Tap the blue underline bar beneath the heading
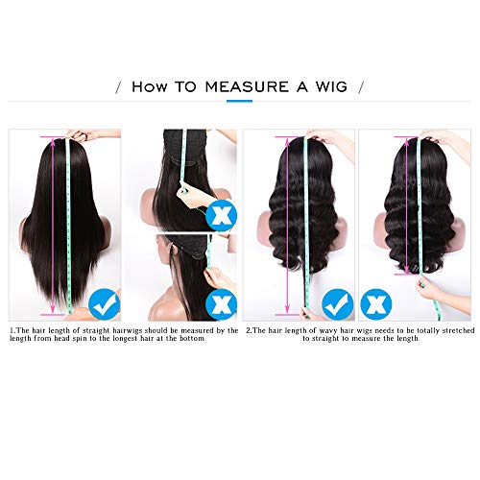pyautogui.click(x=239, y=101)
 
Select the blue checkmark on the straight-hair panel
pyautogui.click(x=104, y=303)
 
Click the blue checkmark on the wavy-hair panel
pyautogui.click(x=338, y=304)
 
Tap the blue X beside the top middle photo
pyautogui.click(x=221, y=215)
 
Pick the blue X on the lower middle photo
pyautogui.click(x=221, y=304)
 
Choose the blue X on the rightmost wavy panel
pyautogui.click(x=376, y=304)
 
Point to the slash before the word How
pyautogui.click(x=119, y=87)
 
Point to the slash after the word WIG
pyautogui.click(x=361, y=87)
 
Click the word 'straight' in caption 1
pyautogui.click(x=96, y=331)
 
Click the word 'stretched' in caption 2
pyautogui.click(x=458, y=331)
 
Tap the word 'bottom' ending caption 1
pyautogui.click(x=192, y=339)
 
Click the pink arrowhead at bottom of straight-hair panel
pyautogui.click(x=53, y=309)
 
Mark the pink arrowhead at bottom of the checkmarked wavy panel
pyautogui.click(x=287, y=308)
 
